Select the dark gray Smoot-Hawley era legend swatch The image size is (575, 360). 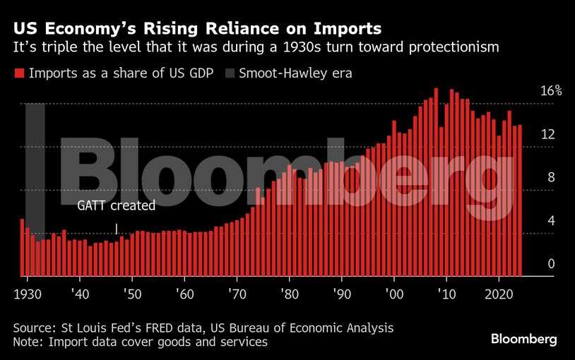(x=230, y=73)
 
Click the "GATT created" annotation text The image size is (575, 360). (x=115, y=206)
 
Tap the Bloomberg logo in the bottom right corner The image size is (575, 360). (x=523, y=340)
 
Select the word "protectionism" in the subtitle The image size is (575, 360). (x=460, y=47)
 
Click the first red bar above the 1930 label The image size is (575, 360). (x=22, y=248)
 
